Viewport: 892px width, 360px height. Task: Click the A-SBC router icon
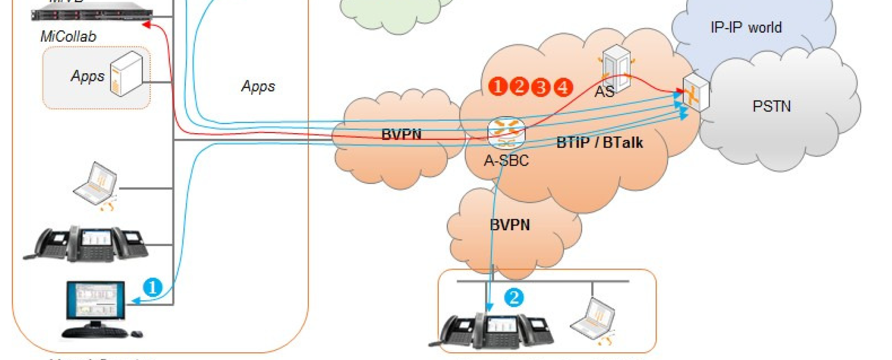[506, 133]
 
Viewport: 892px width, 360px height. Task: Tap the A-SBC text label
[506, 161]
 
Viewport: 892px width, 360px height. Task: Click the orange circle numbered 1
[498, 87]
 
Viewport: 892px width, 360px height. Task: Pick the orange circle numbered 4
[563, 87]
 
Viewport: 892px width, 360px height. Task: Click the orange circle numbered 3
[541, 87]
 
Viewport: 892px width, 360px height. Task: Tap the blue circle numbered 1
[153, 287]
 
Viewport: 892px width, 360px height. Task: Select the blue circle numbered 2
[514, 297]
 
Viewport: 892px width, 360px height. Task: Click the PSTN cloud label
[771, 106]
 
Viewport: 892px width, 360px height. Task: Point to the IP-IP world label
[746, 28]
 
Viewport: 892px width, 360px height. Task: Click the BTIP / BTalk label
[599, 143]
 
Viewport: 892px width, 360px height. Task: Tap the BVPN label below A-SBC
[510, 225]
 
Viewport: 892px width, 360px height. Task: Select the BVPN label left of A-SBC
[401, 135]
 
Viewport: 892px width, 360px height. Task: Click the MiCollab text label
[68, 36]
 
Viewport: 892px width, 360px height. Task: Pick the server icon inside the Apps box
[126, 74]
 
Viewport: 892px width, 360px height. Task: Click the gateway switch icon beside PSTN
[695, 93]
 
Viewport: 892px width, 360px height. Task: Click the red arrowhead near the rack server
[147, 24]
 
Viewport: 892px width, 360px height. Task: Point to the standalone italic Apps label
[258, 86]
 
